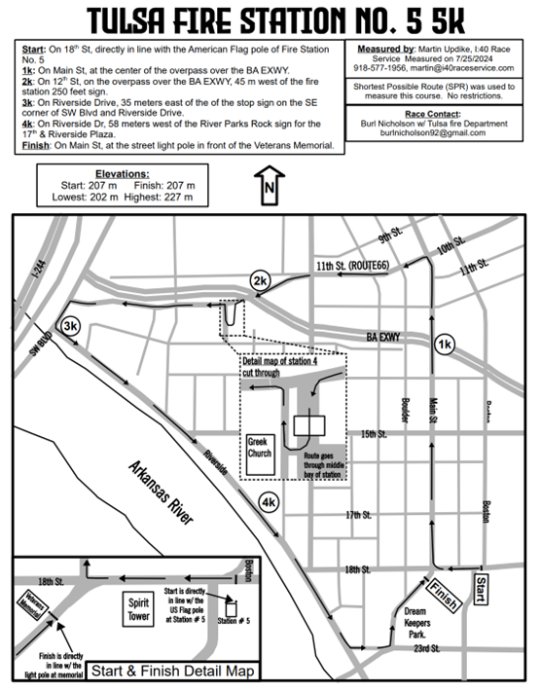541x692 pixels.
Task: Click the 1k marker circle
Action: (x=445, y=346)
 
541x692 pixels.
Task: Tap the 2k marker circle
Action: (x=260, y=281)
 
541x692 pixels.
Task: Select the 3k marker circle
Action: (x=70, y=326)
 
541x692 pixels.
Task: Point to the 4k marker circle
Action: (x=269, y=502)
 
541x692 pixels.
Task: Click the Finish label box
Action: (x=443, y=594)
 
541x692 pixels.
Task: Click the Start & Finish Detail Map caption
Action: (x=172, y=670)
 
